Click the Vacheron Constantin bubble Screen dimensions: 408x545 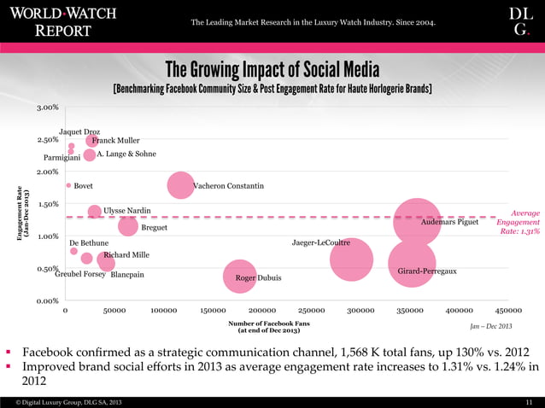(x=180, y=184)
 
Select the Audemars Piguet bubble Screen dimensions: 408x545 (x=417, y=221)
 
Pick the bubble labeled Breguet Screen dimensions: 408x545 (x=128, y=226)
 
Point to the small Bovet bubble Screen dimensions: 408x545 (x=68, y=184)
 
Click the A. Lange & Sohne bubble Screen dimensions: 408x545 (x=90, y=155)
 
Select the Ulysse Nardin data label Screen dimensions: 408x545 (x=127, y=211)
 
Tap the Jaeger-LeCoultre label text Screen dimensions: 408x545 (x=321, y=242)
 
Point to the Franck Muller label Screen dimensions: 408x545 (x=115, y=140)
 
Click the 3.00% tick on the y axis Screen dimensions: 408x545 (x=47, y=108)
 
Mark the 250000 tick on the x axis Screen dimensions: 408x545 (x=312, y=311)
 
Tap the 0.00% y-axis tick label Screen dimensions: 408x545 (x=47, y=301)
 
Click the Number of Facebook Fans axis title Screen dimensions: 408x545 (x=269, y=327)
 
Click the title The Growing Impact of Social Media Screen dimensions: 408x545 (x=272, y=69)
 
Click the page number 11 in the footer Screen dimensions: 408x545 (x=528, y=400)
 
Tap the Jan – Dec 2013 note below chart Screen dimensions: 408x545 (x=491, y=327)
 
